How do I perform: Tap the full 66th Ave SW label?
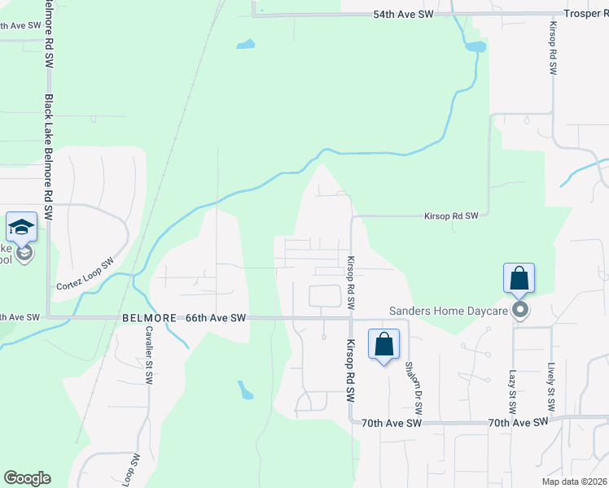click(216, 318)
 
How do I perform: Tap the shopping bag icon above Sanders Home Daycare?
click(519, 279)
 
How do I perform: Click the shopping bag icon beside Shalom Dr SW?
click(383, 344)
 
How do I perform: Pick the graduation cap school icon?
click(21, 228)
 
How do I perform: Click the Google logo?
click(27, 478)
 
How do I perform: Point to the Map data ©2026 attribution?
click(573, 481)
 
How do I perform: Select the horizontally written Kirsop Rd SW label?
click(450, 216)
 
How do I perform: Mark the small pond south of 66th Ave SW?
click(245, 390)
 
